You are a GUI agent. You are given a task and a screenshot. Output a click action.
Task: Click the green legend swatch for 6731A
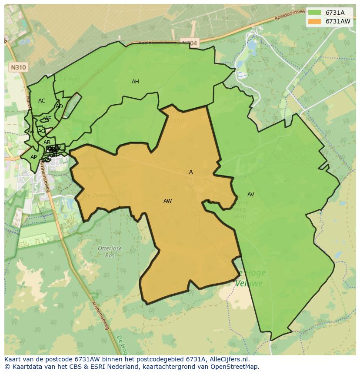[314, 13]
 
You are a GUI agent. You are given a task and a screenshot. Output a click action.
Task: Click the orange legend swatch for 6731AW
[314, 21]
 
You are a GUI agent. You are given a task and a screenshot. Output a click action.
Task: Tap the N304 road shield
[189, 43]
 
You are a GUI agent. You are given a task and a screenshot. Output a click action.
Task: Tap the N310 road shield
[18, 67]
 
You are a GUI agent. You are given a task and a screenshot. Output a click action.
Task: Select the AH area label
[135, 82]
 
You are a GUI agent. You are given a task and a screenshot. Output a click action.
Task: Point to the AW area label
[167, 201]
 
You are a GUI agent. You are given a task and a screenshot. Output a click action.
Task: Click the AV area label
[250, 195]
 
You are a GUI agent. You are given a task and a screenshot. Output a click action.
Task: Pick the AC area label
[42, 101]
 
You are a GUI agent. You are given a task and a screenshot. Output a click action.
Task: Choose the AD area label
[59, 106]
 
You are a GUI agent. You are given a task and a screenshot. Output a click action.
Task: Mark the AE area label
[48, 119]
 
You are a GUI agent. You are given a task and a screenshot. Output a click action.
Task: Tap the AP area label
[33, 157]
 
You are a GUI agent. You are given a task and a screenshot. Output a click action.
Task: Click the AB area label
[47, 142]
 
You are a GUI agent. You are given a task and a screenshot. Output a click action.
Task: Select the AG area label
[41, 131]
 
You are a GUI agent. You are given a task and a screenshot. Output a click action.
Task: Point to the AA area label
[30, 132]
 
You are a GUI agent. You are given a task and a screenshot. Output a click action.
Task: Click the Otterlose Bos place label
[109, 252]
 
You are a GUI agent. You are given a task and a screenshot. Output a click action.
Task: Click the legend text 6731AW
[338, 21]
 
